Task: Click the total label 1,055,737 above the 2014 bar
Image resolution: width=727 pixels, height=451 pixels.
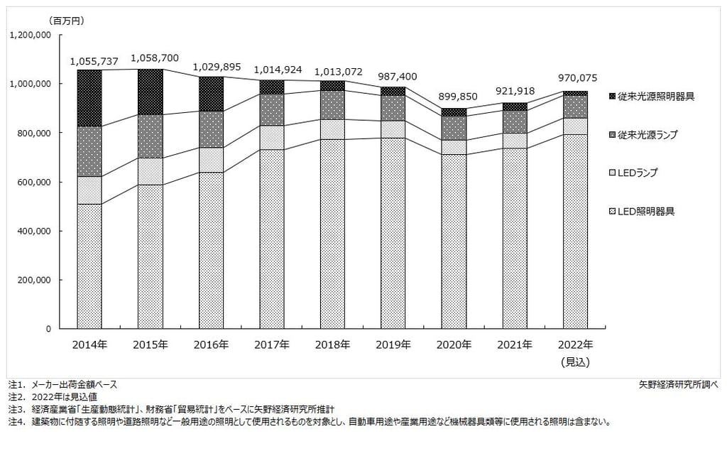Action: click(x=94, y=62)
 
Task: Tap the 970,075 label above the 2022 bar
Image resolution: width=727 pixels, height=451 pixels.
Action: click(x=575, y=77)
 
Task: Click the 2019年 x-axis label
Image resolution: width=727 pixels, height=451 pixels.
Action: click(x=393, y=345)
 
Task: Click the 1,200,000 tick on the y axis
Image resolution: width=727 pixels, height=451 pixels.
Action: click(x=30, y=34)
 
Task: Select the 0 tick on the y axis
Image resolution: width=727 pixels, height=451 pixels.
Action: click(x=48, y=330)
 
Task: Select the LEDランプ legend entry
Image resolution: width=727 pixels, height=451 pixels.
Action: click(x=638, y=172)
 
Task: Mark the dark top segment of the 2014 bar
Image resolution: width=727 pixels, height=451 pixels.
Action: click(x=89, y=98)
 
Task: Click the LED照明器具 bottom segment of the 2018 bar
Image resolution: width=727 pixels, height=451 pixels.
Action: click(x=332, y=234)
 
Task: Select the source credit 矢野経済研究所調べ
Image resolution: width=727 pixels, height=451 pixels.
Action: click(x=678, y=384)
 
